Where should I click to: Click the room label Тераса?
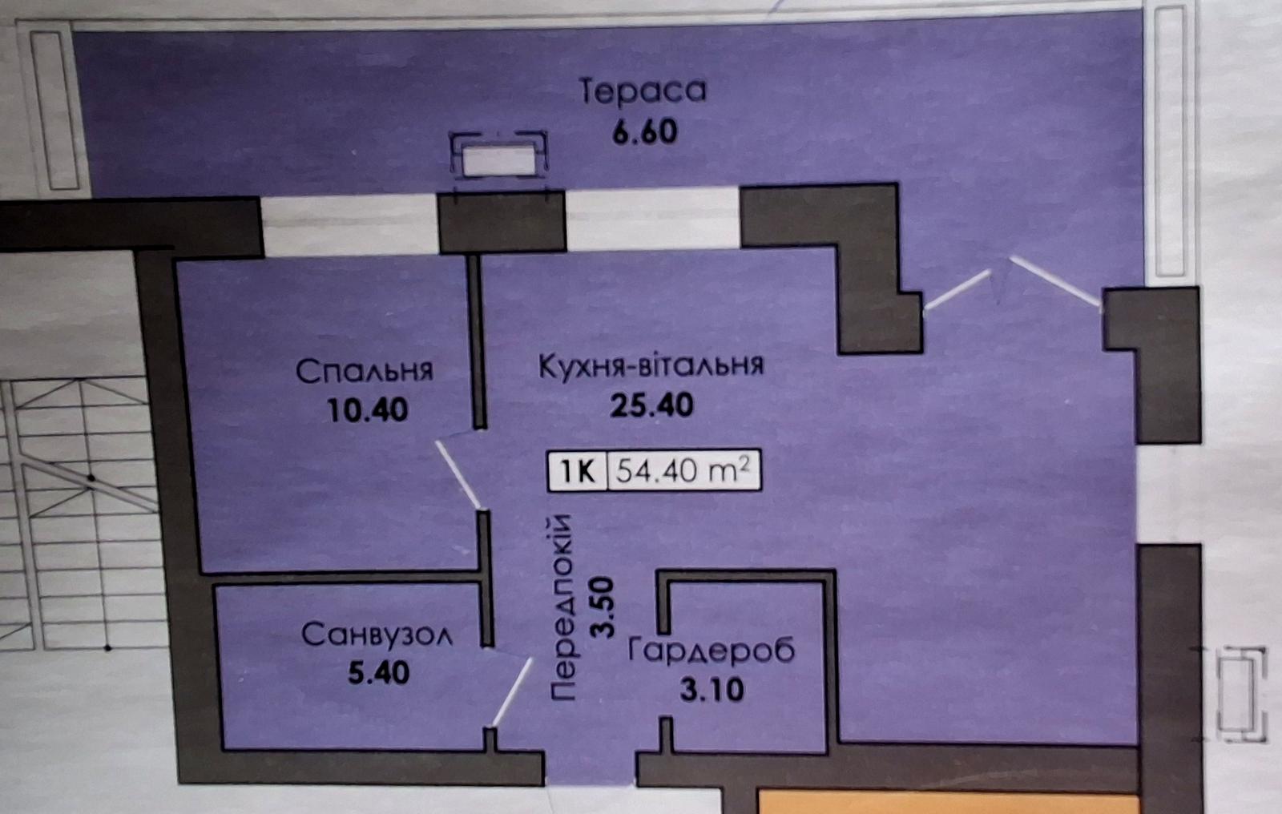tap(643, 91)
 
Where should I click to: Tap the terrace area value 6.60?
tap(645, 131)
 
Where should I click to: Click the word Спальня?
tap(365, 371)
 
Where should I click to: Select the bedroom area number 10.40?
tap(368, 410)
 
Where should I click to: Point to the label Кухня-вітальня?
tap(651, 365)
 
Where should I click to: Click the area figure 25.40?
tap(651, 405)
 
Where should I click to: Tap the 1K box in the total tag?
tap(578, 471)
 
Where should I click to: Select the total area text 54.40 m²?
tap(683, 470)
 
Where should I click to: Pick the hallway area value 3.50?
tap(602, 607)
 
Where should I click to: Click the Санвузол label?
tap(377, 635)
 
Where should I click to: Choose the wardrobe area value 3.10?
tap(712, 689)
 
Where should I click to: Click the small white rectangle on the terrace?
tap(498, 160)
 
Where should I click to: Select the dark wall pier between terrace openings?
tap(502, 221)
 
